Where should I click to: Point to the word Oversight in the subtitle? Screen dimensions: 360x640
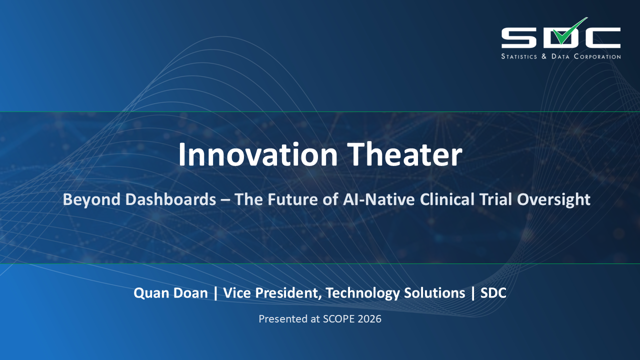click(553, 199)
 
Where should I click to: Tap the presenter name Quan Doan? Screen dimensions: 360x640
click(170, 293)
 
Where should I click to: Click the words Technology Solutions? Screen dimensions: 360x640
click(395, 293)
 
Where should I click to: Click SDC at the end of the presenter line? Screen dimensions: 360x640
click(493, 293)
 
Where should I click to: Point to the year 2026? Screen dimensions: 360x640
click(369, 319)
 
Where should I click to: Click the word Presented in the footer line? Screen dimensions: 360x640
click(280, 319)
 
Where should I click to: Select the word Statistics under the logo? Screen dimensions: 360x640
click(519, 56)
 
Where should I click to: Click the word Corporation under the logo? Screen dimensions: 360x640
click(595, 56)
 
